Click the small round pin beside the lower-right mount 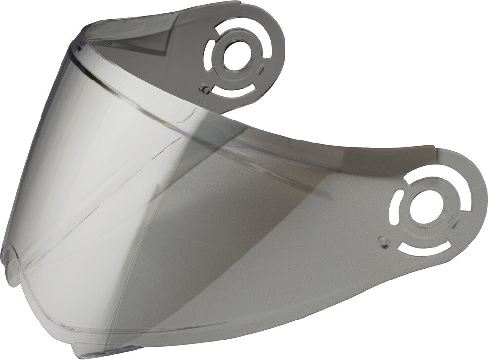pos(384,240)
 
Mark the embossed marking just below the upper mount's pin pos(199,100)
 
